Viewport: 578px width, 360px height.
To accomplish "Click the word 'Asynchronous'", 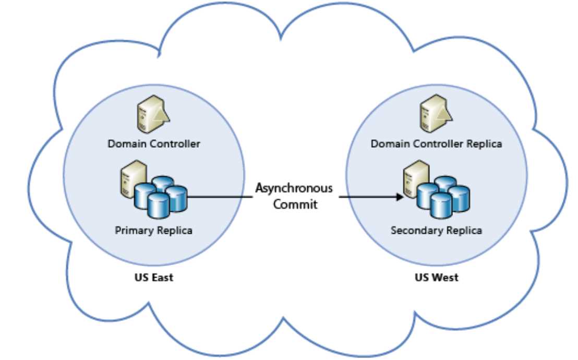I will coord(293,188).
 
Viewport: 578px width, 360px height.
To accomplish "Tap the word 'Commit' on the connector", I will coord(296,204).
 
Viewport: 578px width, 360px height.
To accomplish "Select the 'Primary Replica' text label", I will coord(153,230).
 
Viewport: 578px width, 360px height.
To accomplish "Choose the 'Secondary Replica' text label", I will coord(437,230).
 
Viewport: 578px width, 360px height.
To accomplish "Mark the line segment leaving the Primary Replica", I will coord(219,197).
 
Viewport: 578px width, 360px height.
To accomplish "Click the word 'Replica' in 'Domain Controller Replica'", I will coord(485,143).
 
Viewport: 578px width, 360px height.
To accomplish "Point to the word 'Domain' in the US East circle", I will coord(124,143).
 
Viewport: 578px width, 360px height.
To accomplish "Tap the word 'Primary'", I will coord(134,230).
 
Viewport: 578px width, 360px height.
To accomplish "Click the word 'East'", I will coord(162,278).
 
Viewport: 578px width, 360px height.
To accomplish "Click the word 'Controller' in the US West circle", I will coord(437,143).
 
